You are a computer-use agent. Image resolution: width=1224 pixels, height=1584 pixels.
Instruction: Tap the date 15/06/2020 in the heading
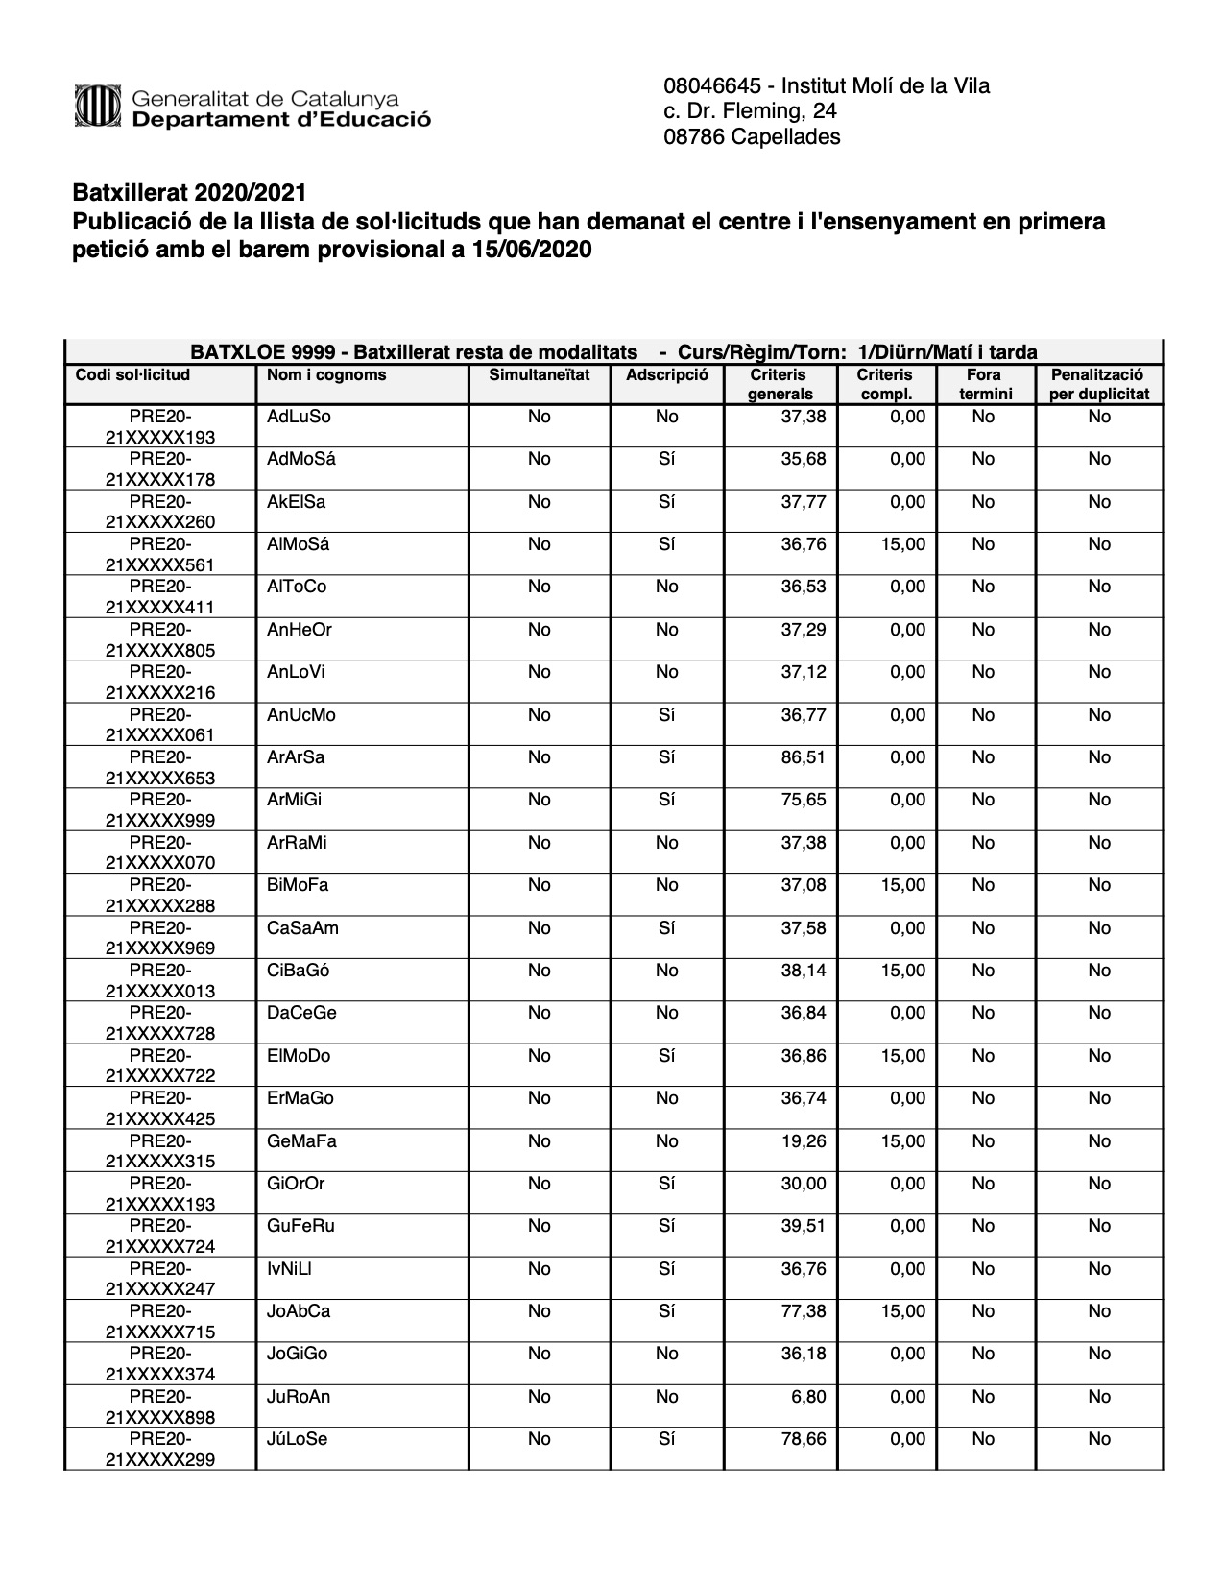(532, 251)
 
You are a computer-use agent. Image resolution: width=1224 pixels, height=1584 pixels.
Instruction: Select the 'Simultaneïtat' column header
(540, 375)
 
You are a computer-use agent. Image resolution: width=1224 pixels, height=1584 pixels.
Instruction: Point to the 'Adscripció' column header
(666, 375)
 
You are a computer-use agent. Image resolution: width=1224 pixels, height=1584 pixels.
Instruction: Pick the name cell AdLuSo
(299, 418)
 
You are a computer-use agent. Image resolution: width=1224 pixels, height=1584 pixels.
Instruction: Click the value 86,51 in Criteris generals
(803, 758)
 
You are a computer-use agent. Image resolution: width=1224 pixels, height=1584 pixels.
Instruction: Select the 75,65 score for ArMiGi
(803, 801)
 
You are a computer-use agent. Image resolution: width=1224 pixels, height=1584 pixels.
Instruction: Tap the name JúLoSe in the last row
(297, 1440)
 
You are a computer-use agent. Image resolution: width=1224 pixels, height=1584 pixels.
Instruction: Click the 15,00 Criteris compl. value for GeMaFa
(902, 1142)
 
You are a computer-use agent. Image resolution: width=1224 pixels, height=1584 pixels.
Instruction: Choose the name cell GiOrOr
(296, 1185)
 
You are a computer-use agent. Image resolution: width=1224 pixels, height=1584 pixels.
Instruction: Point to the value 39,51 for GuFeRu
(803, 1227)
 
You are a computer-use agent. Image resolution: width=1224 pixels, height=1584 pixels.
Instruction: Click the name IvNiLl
(289, 1270)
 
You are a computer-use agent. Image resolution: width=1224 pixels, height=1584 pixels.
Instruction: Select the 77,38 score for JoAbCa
(803, 1312)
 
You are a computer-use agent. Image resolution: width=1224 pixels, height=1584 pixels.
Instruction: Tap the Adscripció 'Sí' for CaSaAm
(666, 929)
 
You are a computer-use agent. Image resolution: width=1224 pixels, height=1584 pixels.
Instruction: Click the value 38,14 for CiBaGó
(803, 972)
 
